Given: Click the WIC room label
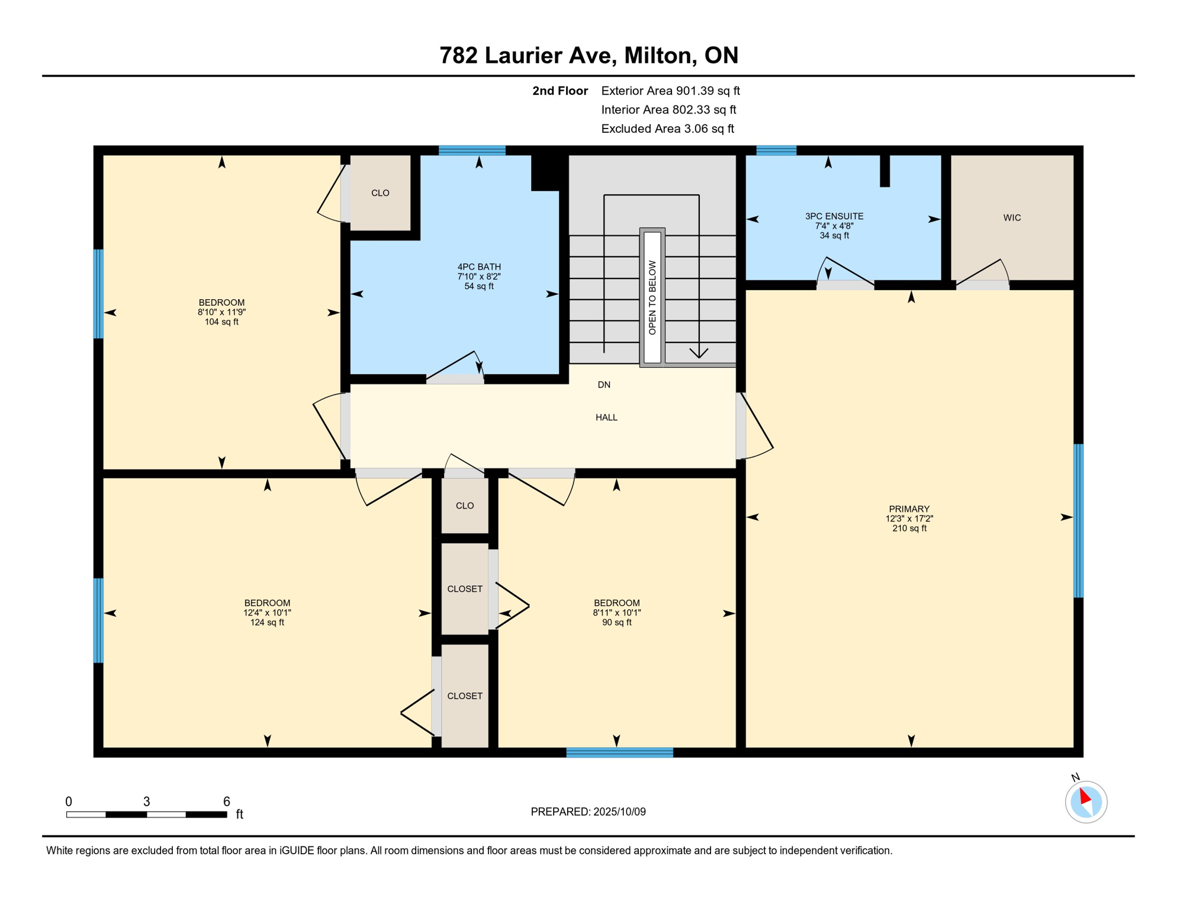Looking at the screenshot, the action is point(1012,217).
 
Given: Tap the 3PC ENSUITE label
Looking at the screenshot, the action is point(834,216).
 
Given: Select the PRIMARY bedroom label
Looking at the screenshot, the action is point(909,509).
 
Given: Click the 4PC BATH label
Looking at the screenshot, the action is point(479,267).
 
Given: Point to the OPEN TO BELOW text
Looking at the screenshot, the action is point(652,297).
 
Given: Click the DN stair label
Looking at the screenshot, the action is point(604,384).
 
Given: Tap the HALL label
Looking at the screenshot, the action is point(606,417).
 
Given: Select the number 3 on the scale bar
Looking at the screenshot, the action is point(147,802).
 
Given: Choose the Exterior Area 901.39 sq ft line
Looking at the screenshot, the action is point(670,91).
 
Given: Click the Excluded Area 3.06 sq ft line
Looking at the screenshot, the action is point(667,129).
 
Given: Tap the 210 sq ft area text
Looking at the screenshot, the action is point(909,528).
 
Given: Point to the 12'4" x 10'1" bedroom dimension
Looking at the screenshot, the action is point(267,613).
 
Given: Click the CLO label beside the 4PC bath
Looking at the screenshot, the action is point(380,193).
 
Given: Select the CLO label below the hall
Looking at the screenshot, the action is point(465,505).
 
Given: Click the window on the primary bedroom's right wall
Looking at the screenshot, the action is point(1079,521).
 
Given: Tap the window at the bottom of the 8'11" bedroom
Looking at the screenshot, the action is point(619,752).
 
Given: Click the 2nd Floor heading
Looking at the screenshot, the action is point(560,91).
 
